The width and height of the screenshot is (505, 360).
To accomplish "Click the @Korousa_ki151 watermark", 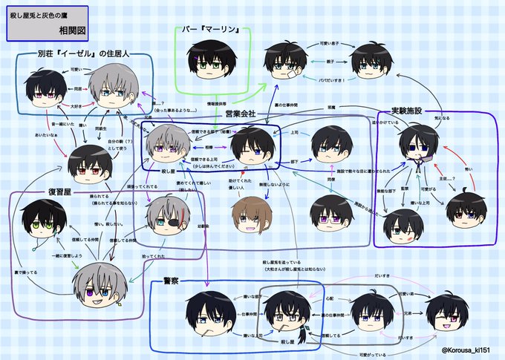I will point(466,350).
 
